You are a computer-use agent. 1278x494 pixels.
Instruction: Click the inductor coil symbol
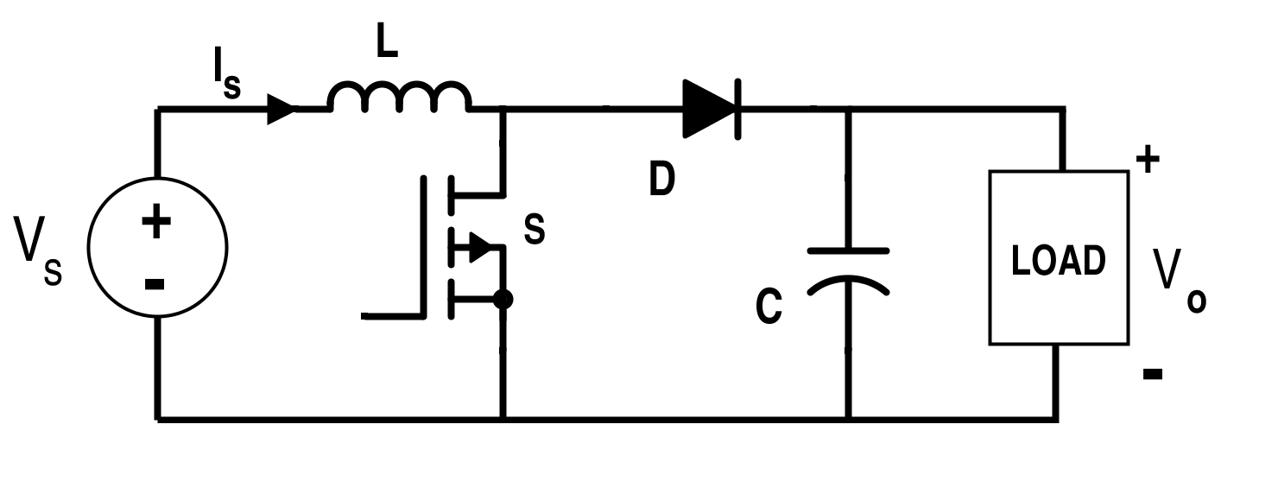399,97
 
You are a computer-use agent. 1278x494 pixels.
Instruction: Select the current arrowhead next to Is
282,109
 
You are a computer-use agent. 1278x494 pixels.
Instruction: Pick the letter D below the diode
661,180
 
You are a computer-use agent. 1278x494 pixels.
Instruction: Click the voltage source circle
157,247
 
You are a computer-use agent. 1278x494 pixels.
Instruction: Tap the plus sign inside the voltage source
156,222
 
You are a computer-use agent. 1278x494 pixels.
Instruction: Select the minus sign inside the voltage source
155,283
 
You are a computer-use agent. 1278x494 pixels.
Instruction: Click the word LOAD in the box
1058,261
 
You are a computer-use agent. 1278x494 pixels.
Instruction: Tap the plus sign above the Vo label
1147,161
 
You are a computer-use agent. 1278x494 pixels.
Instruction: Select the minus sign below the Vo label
1152,374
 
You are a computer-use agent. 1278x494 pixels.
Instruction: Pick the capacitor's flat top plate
848,250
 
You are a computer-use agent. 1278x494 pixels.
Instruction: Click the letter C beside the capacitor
769,307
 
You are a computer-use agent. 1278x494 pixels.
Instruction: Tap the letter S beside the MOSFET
535,230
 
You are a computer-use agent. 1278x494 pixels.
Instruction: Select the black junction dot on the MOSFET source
503,300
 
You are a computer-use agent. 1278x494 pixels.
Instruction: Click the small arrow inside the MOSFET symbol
479,248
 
